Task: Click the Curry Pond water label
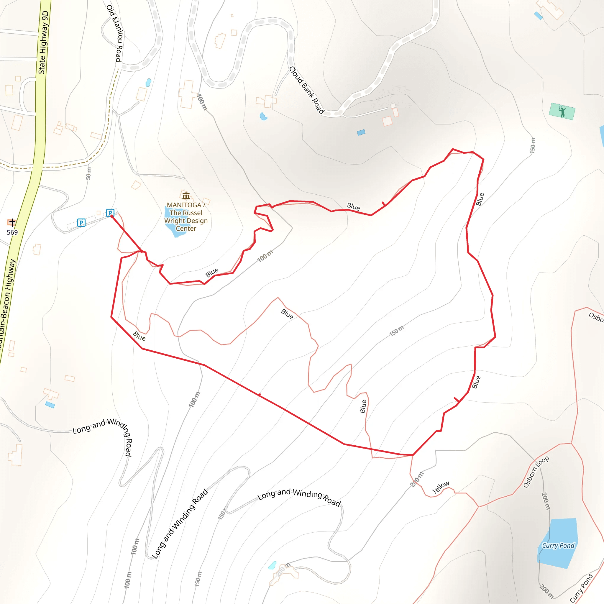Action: (x=558, y=546)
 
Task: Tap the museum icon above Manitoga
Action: (x=186, y=196)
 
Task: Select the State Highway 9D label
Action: (x=43, y=42)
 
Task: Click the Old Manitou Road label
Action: (x=115, y=33)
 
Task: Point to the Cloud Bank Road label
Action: (x=306, y=90)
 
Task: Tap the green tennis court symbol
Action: (x=562, y=111)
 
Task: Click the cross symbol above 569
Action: (x=12, y=222)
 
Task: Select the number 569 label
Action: (x=12, y=232)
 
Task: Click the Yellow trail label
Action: (x=441, y=487)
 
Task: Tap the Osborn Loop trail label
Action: (x=536, y=472)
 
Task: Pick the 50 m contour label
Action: (x=88, y=173)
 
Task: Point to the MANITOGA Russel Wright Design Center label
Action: (x=186, y=217)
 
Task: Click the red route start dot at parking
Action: (x=111, y=216)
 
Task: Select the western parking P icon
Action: (x=81, y=223)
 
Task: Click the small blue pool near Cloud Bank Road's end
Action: (x=361, y=132)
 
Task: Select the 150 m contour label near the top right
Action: (x=532, y=145)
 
